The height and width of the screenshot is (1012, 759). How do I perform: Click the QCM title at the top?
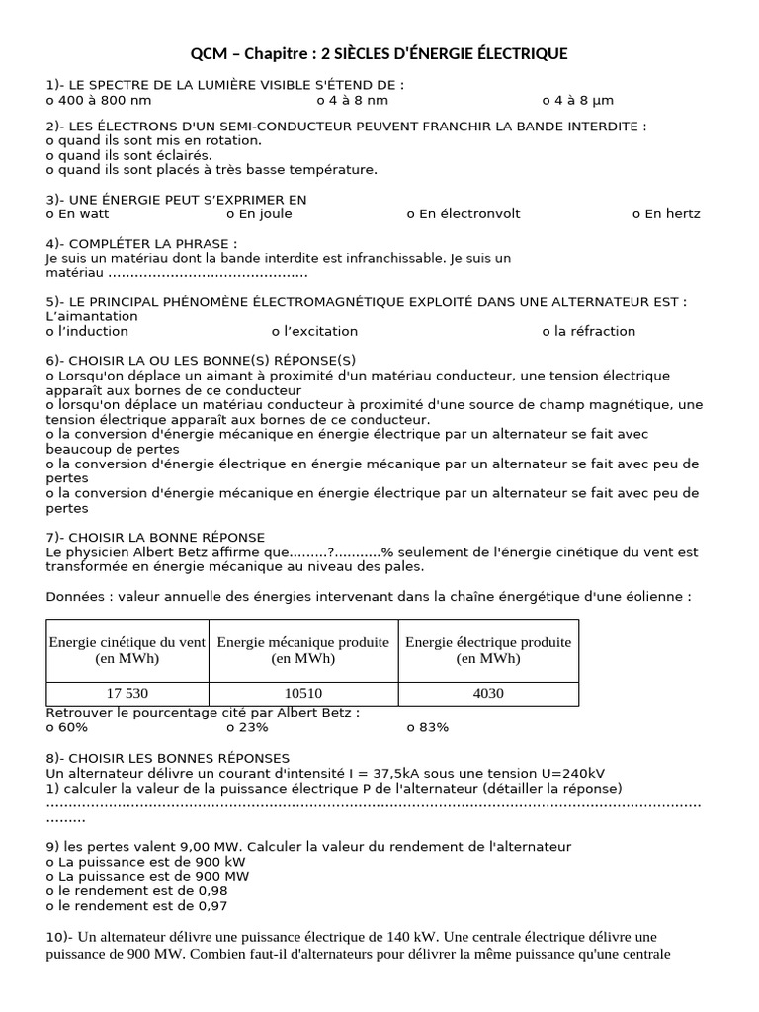pyautogui.click(x=379, y=53)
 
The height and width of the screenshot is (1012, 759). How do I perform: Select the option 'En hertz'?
pyautogui.click(x=666, y=213)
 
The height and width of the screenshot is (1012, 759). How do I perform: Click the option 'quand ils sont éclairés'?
pyautogui.click(x=128, y=155)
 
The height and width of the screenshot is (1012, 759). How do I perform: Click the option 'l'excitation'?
pyautogui.click(x=314, y=331)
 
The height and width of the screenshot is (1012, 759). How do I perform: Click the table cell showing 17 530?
pyautogui.click(x=126, y=693)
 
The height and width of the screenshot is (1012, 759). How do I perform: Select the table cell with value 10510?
pyautogui.click(x=302, y=693)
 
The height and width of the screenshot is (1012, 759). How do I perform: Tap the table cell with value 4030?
pyautogui.click(x=488, y=693)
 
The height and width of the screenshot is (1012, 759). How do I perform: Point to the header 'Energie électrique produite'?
pyautogui.click(x=488, y=650)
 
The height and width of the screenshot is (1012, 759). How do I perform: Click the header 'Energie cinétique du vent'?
pyautogui.click(x=126, y=650)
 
